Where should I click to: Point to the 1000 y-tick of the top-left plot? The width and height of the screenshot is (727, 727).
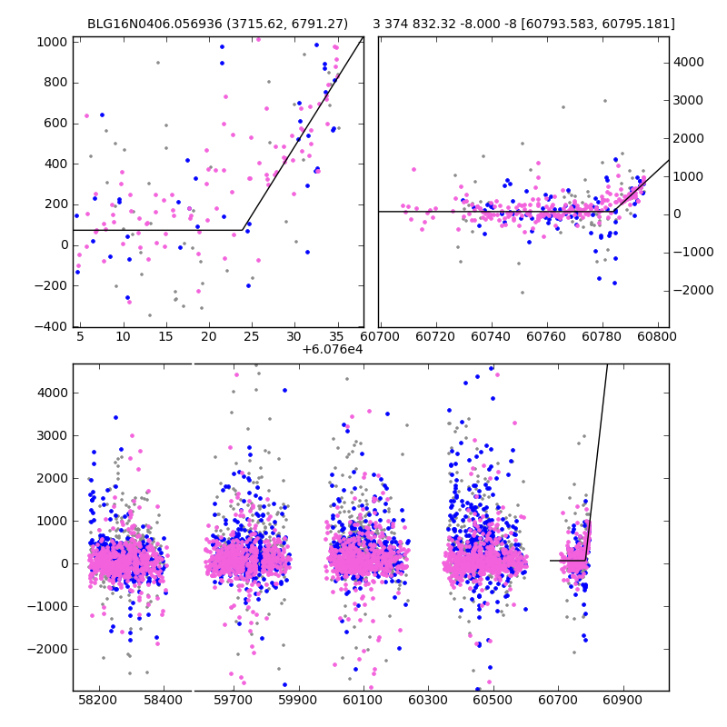point(51,42)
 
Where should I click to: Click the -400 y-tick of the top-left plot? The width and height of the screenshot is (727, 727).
point(51,327)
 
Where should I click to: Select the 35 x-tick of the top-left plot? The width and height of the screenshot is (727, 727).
point(337,336)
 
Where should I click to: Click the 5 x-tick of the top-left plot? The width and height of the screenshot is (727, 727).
point(80,336)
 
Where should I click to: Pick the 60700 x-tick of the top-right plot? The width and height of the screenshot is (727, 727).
point(380,336)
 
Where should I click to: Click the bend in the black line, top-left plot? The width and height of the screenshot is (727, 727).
point(243,230)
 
